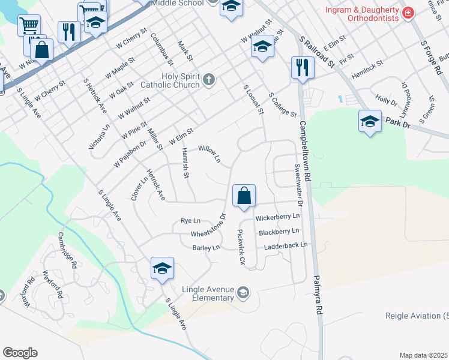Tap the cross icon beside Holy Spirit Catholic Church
(x=208, y=79)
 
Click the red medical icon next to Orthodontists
(x=408, y=13)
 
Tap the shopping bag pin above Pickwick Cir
(x=244, y=196)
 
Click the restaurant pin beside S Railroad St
(x=302, y=68)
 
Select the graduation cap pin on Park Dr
(x=370, y=122)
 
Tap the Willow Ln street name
(x=210, y=154)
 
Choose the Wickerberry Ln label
(x=277, y=218)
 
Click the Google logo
(x=20, y=352)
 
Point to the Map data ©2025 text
(x=423, y=355)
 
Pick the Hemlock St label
(x=369, y=65)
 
